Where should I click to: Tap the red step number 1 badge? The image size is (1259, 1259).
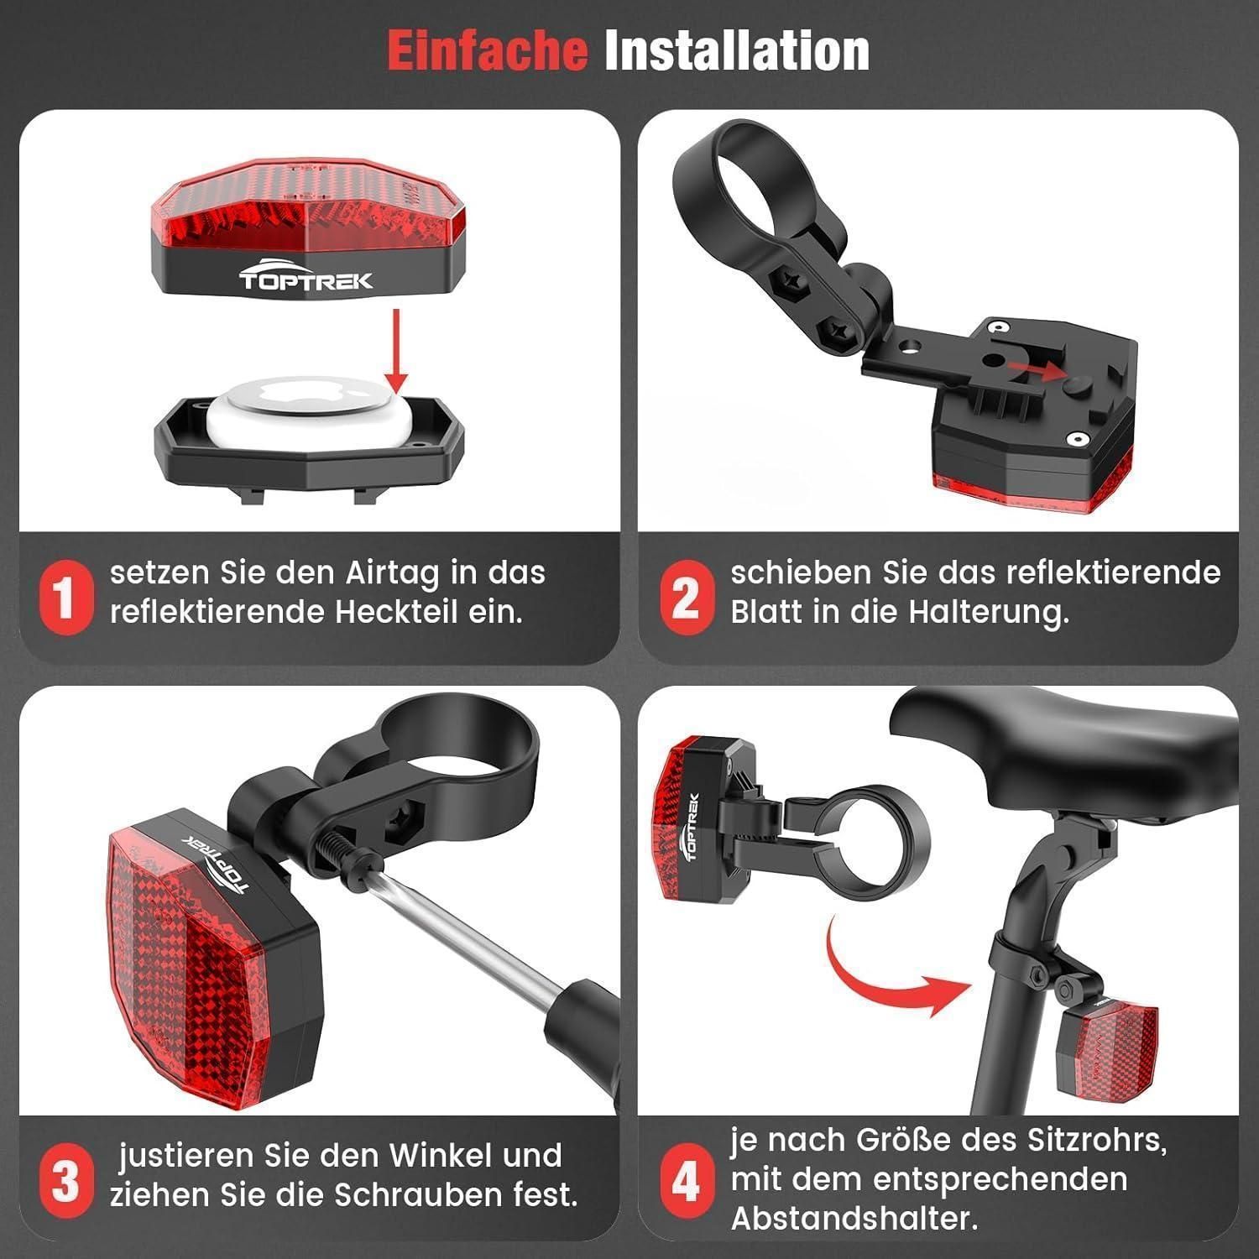click(65, 598)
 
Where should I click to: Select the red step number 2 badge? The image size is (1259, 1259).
click(686, 598)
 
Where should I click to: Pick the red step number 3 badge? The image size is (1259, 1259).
click(65, 1182)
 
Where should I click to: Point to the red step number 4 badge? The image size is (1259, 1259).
click(686, 1182)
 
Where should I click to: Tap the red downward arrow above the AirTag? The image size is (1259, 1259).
click(398, 348)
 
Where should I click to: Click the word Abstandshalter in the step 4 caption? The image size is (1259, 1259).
click(854, 1219)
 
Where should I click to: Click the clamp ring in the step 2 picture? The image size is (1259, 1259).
click(760, 172)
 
